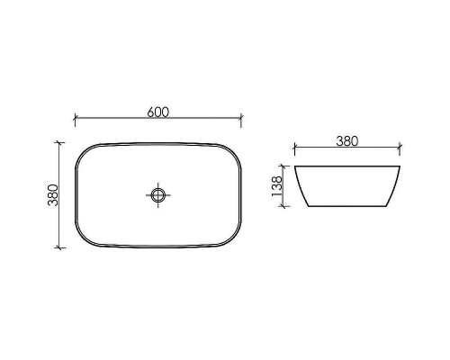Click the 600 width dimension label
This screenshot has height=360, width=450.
tap(158, 112)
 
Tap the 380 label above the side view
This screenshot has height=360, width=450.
tap(347, 140)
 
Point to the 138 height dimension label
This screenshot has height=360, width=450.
tap(278, 185)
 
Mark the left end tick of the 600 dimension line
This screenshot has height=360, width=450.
tap(75, 118)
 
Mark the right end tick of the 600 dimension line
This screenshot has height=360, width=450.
tap(242, 118)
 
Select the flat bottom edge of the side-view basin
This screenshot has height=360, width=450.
tap(347, 205)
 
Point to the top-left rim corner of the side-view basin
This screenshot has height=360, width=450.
tap(295, 166)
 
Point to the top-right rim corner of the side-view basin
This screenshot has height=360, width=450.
tap(400, 166)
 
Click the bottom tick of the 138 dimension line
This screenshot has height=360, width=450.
tap(286, 205)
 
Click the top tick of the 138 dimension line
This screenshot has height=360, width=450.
tap(286, 166)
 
